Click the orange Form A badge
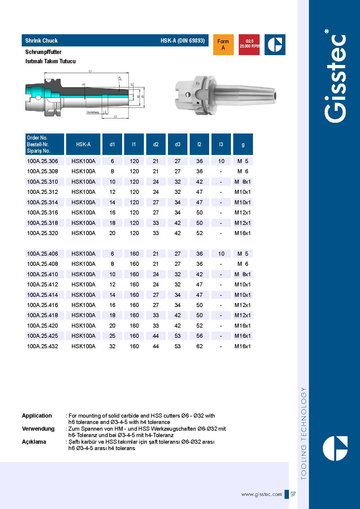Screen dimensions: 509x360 point(223,45)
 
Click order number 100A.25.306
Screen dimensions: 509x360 point(42,161)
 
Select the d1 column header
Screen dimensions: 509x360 point(112,144)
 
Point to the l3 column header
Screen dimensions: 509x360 point(221,144)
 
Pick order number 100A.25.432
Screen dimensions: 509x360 point(42,346)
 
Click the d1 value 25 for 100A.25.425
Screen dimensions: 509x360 point(112,336)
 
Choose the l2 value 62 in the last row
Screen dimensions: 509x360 point(199,346)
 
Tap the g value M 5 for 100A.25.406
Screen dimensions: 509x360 point(243,254)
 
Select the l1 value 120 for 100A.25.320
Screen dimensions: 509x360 point(134,233)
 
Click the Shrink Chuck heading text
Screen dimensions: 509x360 point(41,41)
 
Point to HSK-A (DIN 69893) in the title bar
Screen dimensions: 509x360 point(182,41)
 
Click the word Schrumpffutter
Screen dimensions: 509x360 point(43,52)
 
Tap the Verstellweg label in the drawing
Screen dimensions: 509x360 point(93,112)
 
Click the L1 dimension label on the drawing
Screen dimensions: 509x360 point(90,71)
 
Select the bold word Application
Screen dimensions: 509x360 point(37,416)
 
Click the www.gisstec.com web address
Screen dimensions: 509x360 point(261,494)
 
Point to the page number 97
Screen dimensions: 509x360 point(293,494)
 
